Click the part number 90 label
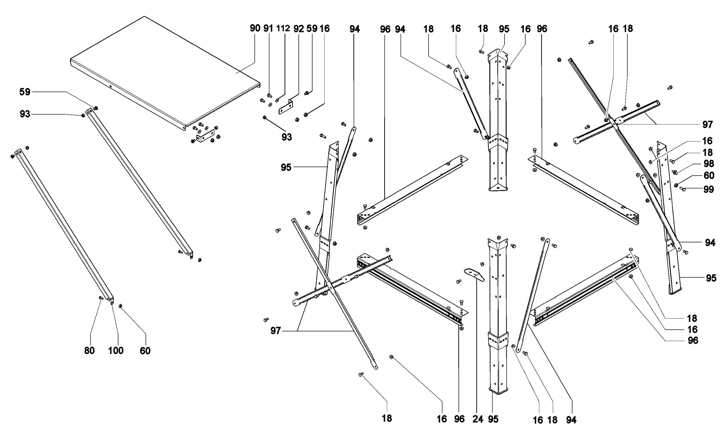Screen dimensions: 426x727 pyautogui.click(x=255, y=28)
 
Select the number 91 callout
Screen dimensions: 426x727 pyautogui.click(x=268, y=28)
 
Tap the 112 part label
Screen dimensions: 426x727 pyautogui.click(x=283, y=28)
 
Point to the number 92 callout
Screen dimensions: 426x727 pyautogui.click(x=298, y=29)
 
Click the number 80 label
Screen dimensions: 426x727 pyautogui.click(x=89, y=351)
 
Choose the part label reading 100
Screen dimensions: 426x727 pyautogui.click(x=116, y=351)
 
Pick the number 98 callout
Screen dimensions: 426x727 pyautogui.click(x=708, y=164)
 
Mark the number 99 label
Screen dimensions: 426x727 pyautogui.click(x=708, y=189)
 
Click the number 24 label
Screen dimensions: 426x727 pyautogui.click(x=478, y=419)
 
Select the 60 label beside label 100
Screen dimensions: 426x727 pyautogui.click(x=145, y=351)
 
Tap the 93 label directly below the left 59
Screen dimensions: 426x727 pyautogui.click(x=25, y=114)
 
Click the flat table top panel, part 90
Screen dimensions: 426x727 pyautogui.click(x=164, y=69)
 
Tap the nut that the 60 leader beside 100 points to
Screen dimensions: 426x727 pyautogui.click(x=120, y=306)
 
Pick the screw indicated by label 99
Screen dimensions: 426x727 pyautogui.click(x=682, y=189)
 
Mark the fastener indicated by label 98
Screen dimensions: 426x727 pyautogui.click(x=675, y=172)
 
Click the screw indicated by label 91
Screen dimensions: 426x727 pyautogui.click(x=269, y=95)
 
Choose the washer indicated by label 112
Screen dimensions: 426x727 pyautogui.click(x=277, y=100)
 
